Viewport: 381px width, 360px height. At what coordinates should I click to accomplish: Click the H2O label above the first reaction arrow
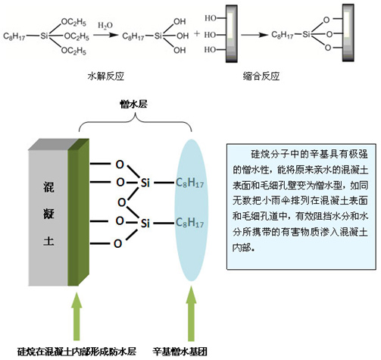click(x=105, y=25)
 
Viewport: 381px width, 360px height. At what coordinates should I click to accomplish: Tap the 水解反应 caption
click(x=106, y=76)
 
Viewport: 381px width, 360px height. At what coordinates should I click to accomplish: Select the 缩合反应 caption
click(x=261, y=76)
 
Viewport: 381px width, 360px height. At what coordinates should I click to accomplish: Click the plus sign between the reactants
click(x=197, y=33)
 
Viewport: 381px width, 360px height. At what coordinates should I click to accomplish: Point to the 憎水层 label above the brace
click(x=133, y=104)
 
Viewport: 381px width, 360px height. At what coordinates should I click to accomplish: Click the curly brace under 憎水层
click(x=136, y=122)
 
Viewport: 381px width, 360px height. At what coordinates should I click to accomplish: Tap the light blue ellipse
click(x=192, y=210)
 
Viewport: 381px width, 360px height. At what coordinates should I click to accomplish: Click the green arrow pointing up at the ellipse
click(x=191, y=313)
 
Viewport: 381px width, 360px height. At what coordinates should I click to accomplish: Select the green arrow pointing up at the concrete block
click(x=77, y=316)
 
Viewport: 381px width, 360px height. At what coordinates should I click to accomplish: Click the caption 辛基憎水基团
click(x=180, y=352)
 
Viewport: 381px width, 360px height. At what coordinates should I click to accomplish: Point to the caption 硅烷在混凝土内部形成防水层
click(x=77, y=352)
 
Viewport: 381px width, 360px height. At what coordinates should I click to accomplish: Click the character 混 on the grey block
click(x=48, y=187)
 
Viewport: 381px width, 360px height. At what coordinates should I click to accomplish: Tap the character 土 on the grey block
click(x=48, y=240)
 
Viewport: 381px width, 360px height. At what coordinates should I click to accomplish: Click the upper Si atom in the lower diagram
click(x=145, y=183)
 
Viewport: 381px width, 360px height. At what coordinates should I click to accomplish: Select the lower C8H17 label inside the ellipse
click(x=189, y=223)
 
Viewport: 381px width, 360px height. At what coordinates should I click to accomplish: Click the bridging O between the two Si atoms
click(x=122, y=202)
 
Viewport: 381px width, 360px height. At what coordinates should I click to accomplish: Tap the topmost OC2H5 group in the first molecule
click(x=73, y=22)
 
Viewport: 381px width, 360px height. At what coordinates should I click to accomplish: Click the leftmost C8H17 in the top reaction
click(x=14, y=36)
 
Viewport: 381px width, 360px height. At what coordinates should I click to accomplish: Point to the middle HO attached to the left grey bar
click(x=211, y=34)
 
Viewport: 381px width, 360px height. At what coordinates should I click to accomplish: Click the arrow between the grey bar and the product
click(x=255, y=35)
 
